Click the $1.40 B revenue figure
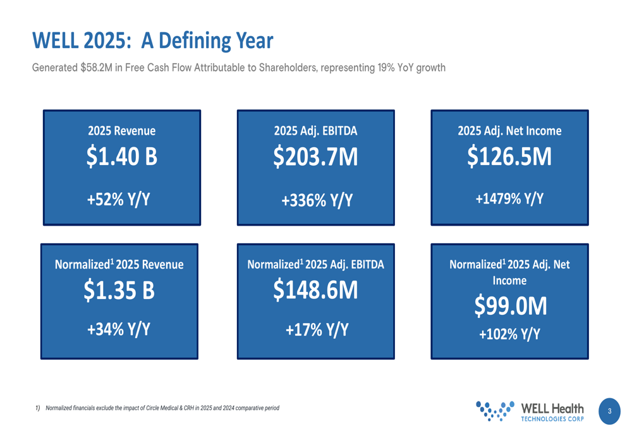tap(121, 157)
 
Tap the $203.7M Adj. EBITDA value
tap(315, 157)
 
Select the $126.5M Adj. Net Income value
tap(509, 157)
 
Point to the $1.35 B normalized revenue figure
tap(119, 290)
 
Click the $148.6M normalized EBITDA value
tap(315, 290)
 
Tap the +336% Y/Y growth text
tap(317, 200)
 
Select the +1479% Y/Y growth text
tap(509, 198)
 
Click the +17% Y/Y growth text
tap(317, 329)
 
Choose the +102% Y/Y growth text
tap(509, 334)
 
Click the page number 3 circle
tap(609, 411)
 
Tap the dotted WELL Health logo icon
tap(494, 410)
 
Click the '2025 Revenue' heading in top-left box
tap(121, 131)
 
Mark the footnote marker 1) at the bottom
tap(38, 408)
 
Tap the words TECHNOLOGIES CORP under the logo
tap(552, 418)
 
